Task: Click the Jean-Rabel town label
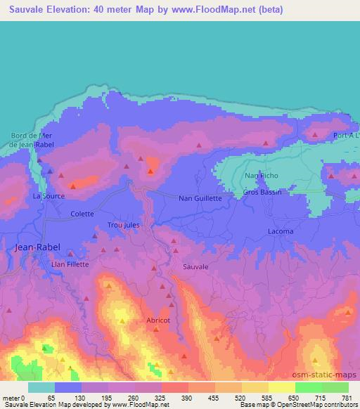pos(38,247)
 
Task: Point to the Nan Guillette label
pos(200,199)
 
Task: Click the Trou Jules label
pos(124,225)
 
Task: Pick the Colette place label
pos(82,214)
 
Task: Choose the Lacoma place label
pos(281,231)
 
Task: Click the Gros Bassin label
pos(262,192)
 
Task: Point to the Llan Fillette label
pos(70,264)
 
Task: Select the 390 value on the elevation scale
pos(186,398)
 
